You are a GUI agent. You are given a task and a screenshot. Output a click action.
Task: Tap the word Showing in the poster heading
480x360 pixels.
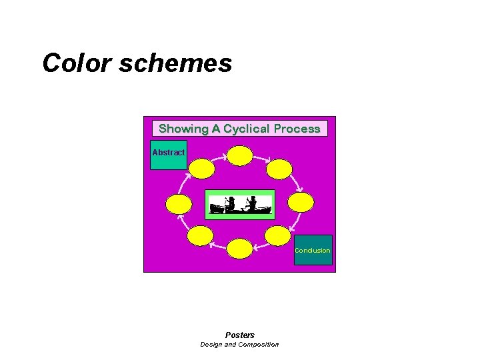point(183,129)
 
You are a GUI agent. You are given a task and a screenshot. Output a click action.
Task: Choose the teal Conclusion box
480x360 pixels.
point(313,250)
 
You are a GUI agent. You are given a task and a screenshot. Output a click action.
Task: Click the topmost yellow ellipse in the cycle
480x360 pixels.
point(240,156)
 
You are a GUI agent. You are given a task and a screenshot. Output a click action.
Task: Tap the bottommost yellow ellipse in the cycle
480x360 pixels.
point(240,249)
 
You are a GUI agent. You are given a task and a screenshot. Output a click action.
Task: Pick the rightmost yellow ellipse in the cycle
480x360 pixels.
point(301,203)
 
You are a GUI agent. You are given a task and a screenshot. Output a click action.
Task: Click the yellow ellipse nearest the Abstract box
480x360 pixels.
point(201,169)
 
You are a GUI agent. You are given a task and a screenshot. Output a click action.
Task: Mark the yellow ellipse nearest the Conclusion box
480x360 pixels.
point(278,235)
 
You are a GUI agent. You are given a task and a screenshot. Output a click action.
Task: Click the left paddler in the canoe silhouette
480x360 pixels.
point(230,203)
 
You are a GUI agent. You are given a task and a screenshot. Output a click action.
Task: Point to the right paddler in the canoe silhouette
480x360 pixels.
point(252,203)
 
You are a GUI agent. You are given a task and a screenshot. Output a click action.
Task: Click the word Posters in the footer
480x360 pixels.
point(240,335)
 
